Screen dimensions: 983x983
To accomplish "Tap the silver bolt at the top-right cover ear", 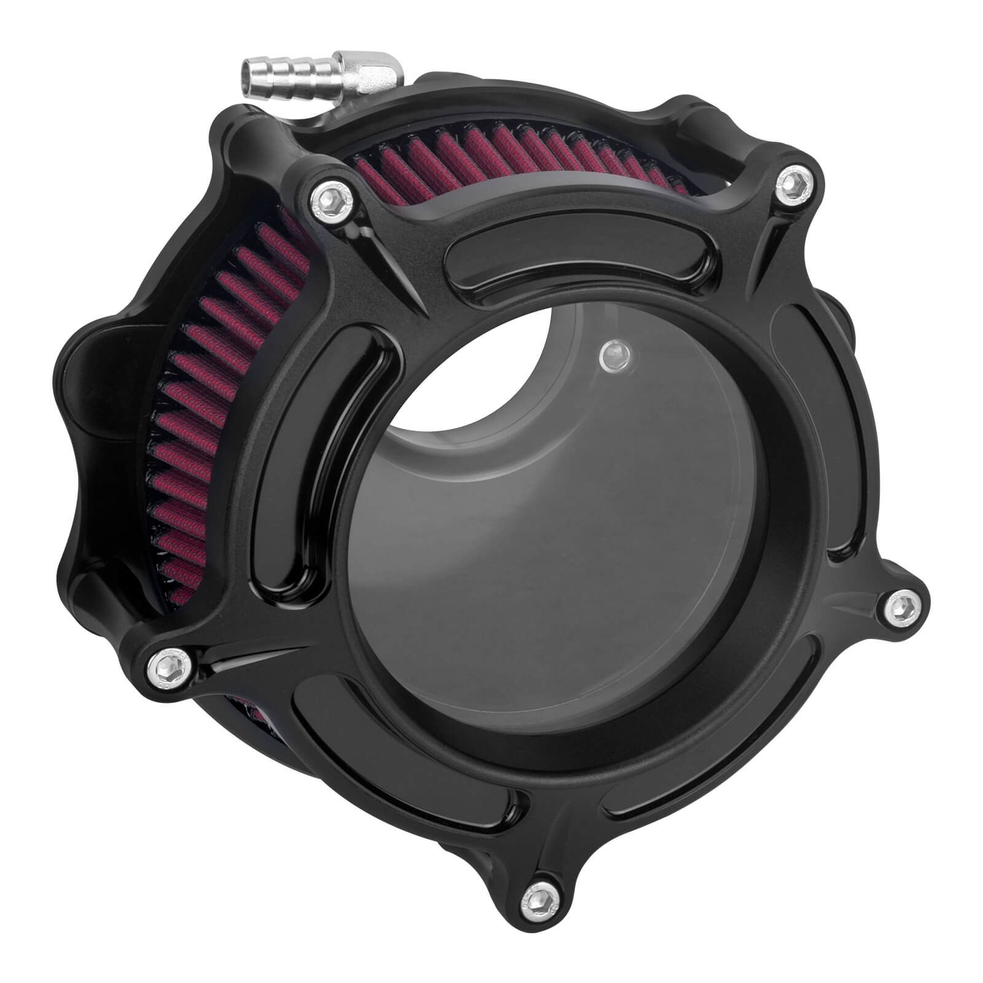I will (796, 179).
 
